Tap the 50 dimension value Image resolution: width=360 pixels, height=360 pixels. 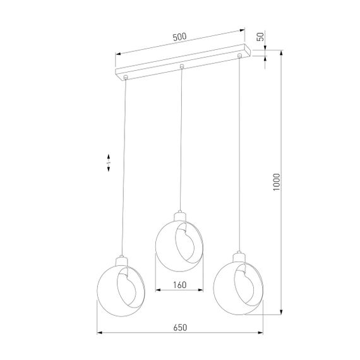coord(260,36)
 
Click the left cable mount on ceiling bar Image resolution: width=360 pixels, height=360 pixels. coord(126,78)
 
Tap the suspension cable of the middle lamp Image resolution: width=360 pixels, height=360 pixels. coord(181,139)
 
